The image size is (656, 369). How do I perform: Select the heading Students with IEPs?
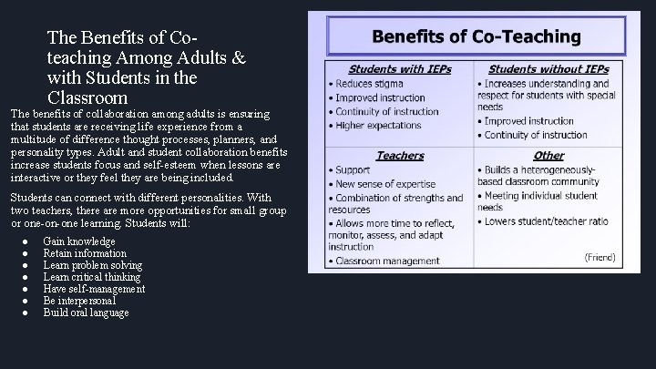(399, 68)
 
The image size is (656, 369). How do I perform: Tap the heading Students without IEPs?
(548, 68)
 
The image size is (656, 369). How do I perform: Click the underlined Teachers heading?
(399, 156)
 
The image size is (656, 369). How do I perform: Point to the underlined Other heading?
(548, 156)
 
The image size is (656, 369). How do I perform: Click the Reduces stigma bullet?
(368, 83)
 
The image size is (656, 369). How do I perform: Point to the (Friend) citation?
(600, 257)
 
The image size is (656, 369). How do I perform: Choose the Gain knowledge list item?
(80, 241)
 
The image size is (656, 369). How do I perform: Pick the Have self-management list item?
(94, 289)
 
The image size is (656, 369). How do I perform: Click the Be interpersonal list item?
(79, 301)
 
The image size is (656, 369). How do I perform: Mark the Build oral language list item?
(86, 313)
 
